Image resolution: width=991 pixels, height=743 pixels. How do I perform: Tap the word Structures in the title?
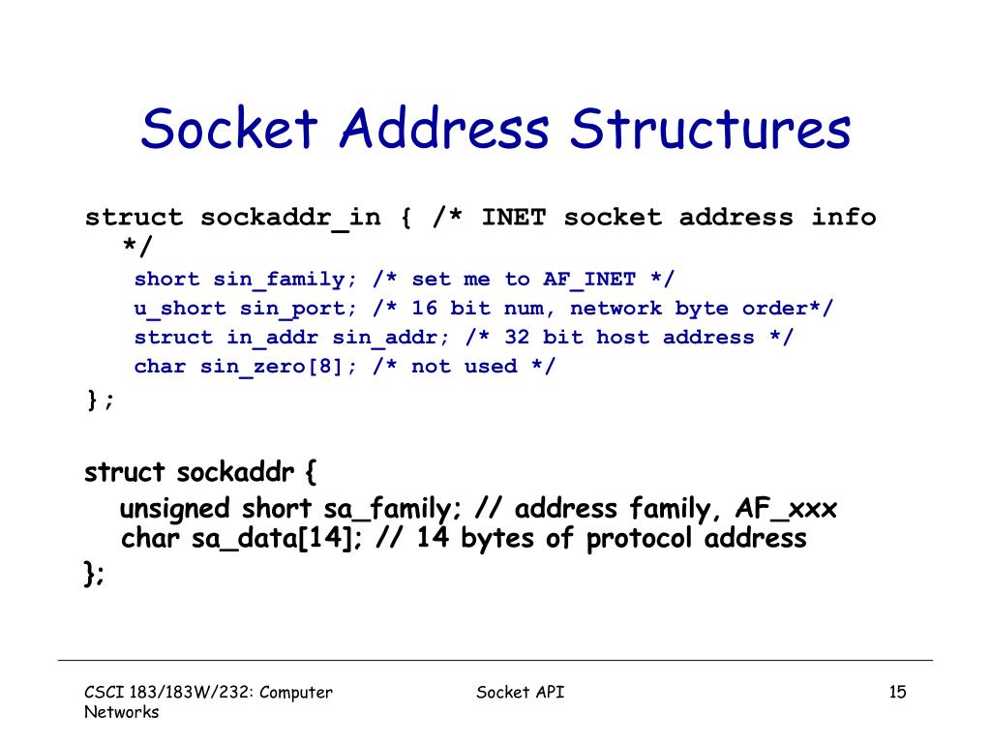pyautogui.click(x=710, y=130)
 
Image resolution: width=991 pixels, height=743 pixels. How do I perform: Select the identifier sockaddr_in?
pyautogui.click(x=290, y=218)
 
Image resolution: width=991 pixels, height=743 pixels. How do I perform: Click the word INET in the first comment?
pyautogui.click(x=513, y=218)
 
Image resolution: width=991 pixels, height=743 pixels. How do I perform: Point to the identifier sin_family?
pyautogui.click(x=279, y=280)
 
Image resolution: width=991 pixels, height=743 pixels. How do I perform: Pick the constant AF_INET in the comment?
pyautogui.click(x=589, y=280)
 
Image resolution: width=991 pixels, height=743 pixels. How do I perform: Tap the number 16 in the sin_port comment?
pyautogui.click(x=425, y=309)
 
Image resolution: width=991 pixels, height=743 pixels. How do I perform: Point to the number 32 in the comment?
pyautogui.click(x=517, y=338)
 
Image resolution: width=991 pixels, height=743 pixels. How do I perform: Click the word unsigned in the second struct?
pyautogui.click(x=174, y=509)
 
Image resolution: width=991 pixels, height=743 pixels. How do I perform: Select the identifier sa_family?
pyautogui.click(x=382, y=509)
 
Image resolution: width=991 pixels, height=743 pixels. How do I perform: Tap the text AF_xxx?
pyautogui.click(x=787, y=509)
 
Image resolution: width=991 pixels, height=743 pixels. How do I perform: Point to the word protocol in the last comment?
pyautogui.click(x=640, y=538)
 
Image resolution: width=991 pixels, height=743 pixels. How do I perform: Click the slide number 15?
pyautogui.click(x=897, y=692)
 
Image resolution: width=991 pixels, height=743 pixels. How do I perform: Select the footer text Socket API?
pyautogui.click(x=521, y=692)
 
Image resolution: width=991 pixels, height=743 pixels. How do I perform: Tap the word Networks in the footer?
pyautogui.click(x=121, y=712)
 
